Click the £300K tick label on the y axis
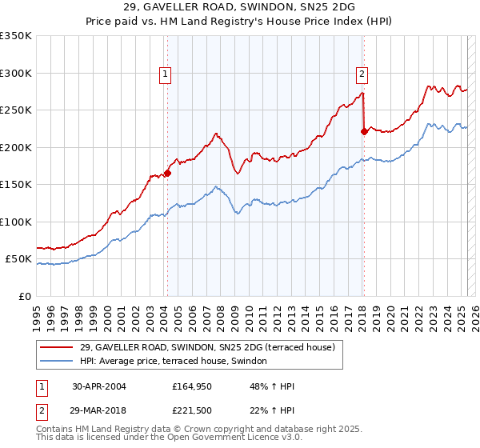(16, 73)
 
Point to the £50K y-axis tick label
(18, 259)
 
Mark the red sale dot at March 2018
(364, 131)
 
